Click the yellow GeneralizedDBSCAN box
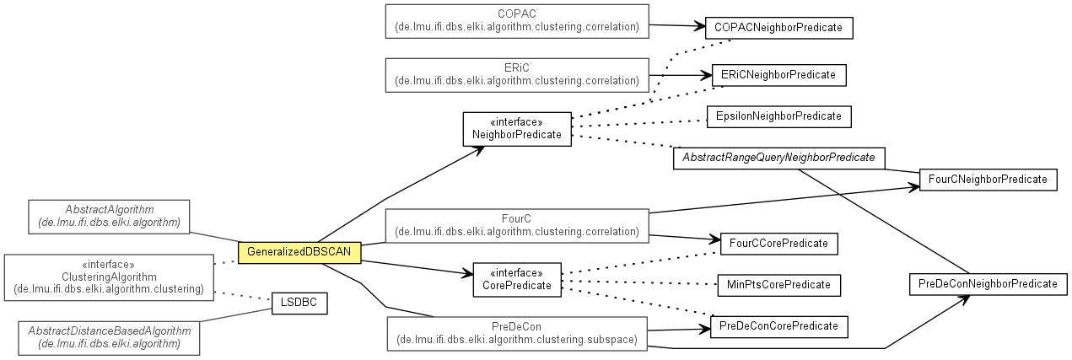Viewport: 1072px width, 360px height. point(299,252)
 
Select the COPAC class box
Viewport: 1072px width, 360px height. point(517,21)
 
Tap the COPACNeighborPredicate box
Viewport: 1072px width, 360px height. point(778,28)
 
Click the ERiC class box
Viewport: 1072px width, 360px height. point(517,75)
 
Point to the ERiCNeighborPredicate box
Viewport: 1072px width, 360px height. point(778,75)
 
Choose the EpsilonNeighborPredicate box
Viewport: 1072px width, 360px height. point(778,116)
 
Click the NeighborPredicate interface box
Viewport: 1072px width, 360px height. point(517,128)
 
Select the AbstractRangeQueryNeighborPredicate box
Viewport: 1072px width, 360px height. point(778,158)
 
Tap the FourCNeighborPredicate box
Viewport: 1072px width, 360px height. point(987,180)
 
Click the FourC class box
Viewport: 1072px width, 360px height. point(517,225)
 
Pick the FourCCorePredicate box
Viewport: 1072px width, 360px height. point(778,244)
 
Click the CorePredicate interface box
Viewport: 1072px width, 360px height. point(517,279)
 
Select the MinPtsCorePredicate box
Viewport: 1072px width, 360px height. point(778,284)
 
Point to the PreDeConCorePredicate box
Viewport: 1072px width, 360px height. point(778,325)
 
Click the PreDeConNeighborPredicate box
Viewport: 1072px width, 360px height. point(988,284)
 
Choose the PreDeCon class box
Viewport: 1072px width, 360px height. point(517,334)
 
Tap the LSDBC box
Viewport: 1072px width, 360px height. point(299,303)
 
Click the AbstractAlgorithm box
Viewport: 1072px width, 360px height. point(109,217)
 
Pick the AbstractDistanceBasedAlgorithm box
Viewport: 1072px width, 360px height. point(109,337)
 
